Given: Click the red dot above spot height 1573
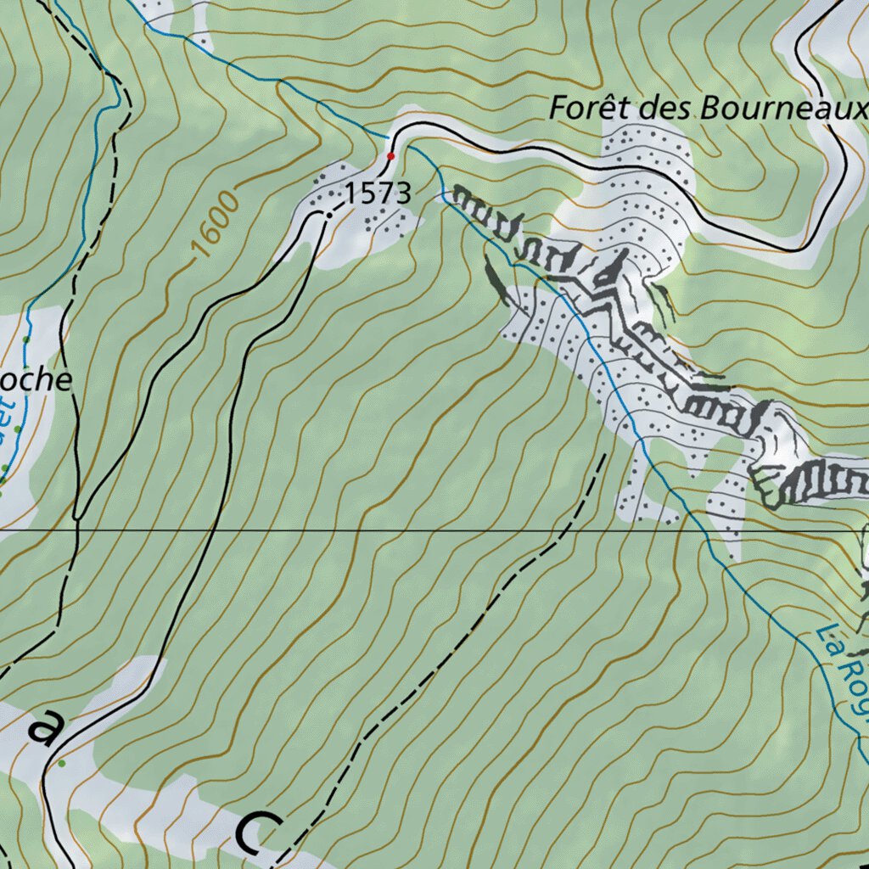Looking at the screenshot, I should (x=391, y=156).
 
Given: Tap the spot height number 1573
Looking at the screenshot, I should (x=378, y=193).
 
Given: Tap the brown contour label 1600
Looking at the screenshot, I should (x=212, y=225).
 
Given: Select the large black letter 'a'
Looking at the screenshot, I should (x=47, y=728).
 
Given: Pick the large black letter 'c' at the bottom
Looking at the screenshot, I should (x=259, y=832).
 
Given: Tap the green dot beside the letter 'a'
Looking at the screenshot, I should (x=62, y=763).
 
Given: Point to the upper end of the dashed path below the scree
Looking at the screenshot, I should (x=604, y=456).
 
